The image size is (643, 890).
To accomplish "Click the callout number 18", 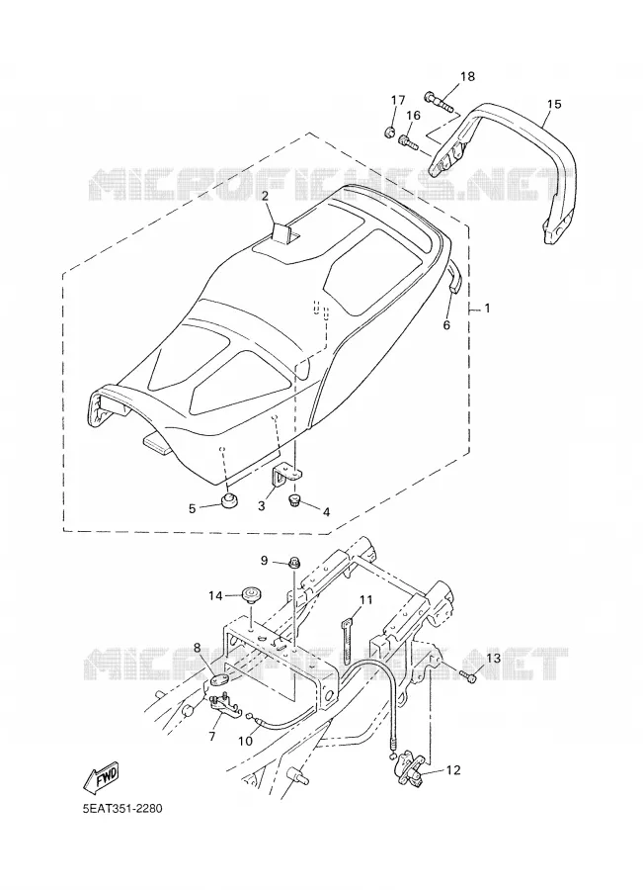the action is (467, 76).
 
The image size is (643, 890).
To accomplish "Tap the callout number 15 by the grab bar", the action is (554, 104).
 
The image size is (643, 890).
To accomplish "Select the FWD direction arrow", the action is (101, 774).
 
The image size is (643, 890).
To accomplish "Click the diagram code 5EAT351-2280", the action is (121, 808).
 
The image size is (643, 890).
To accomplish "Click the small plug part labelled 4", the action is (296, 500).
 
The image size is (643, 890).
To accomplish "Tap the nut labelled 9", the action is (294, 563).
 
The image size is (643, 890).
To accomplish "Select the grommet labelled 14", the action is (249, 595).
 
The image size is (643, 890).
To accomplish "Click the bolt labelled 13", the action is (468, 676).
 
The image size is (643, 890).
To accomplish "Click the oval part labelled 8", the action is (221, 679).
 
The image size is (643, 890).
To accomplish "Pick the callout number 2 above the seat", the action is (265, 195).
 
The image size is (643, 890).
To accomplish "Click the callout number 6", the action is (446, 325).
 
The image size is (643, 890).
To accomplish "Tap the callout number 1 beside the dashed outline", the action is (487, 309).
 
